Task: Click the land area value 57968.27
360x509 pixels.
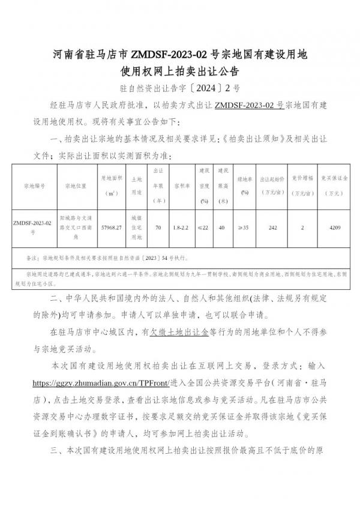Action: (112, 228)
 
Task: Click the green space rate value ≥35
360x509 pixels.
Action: (244, 228)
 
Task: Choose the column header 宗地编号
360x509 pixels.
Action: (34, 186)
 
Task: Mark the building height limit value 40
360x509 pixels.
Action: (222, 228)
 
